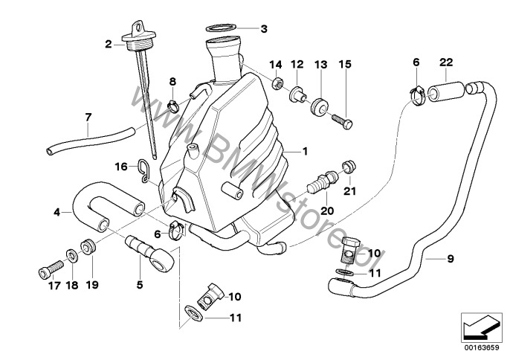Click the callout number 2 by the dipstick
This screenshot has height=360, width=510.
(109, 45)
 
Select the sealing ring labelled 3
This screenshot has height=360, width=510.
(222, 29)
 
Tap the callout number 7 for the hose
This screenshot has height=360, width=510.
(88, 117)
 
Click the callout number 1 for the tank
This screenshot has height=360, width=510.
(303, 151)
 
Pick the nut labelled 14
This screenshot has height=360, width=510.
(277, 82)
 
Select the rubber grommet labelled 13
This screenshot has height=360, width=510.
(320, 105)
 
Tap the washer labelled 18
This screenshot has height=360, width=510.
(72, 257)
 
